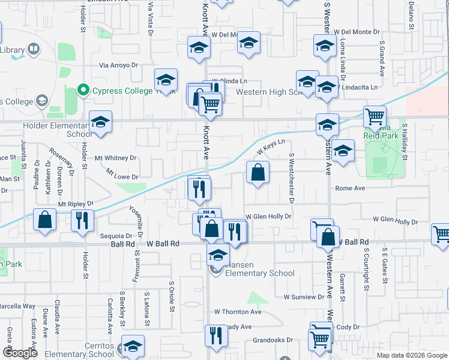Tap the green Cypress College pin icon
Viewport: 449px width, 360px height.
[83, 92]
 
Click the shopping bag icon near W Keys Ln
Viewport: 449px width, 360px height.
[258, 173]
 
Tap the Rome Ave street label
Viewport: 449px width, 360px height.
[350, 188]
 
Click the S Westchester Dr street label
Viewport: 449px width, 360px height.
[291, 178]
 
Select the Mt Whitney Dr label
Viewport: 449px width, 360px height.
[116, 158]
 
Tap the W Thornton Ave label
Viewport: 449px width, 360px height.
[238, 312]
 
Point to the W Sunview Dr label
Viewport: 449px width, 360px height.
[305, 297]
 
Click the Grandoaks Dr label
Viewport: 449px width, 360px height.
[273, 340]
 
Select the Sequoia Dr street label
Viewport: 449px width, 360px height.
[112, 236]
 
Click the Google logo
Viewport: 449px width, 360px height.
[20, 353]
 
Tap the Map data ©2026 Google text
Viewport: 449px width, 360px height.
[411, 355]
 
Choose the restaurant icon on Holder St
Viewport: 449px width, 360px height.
[82, 220]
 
